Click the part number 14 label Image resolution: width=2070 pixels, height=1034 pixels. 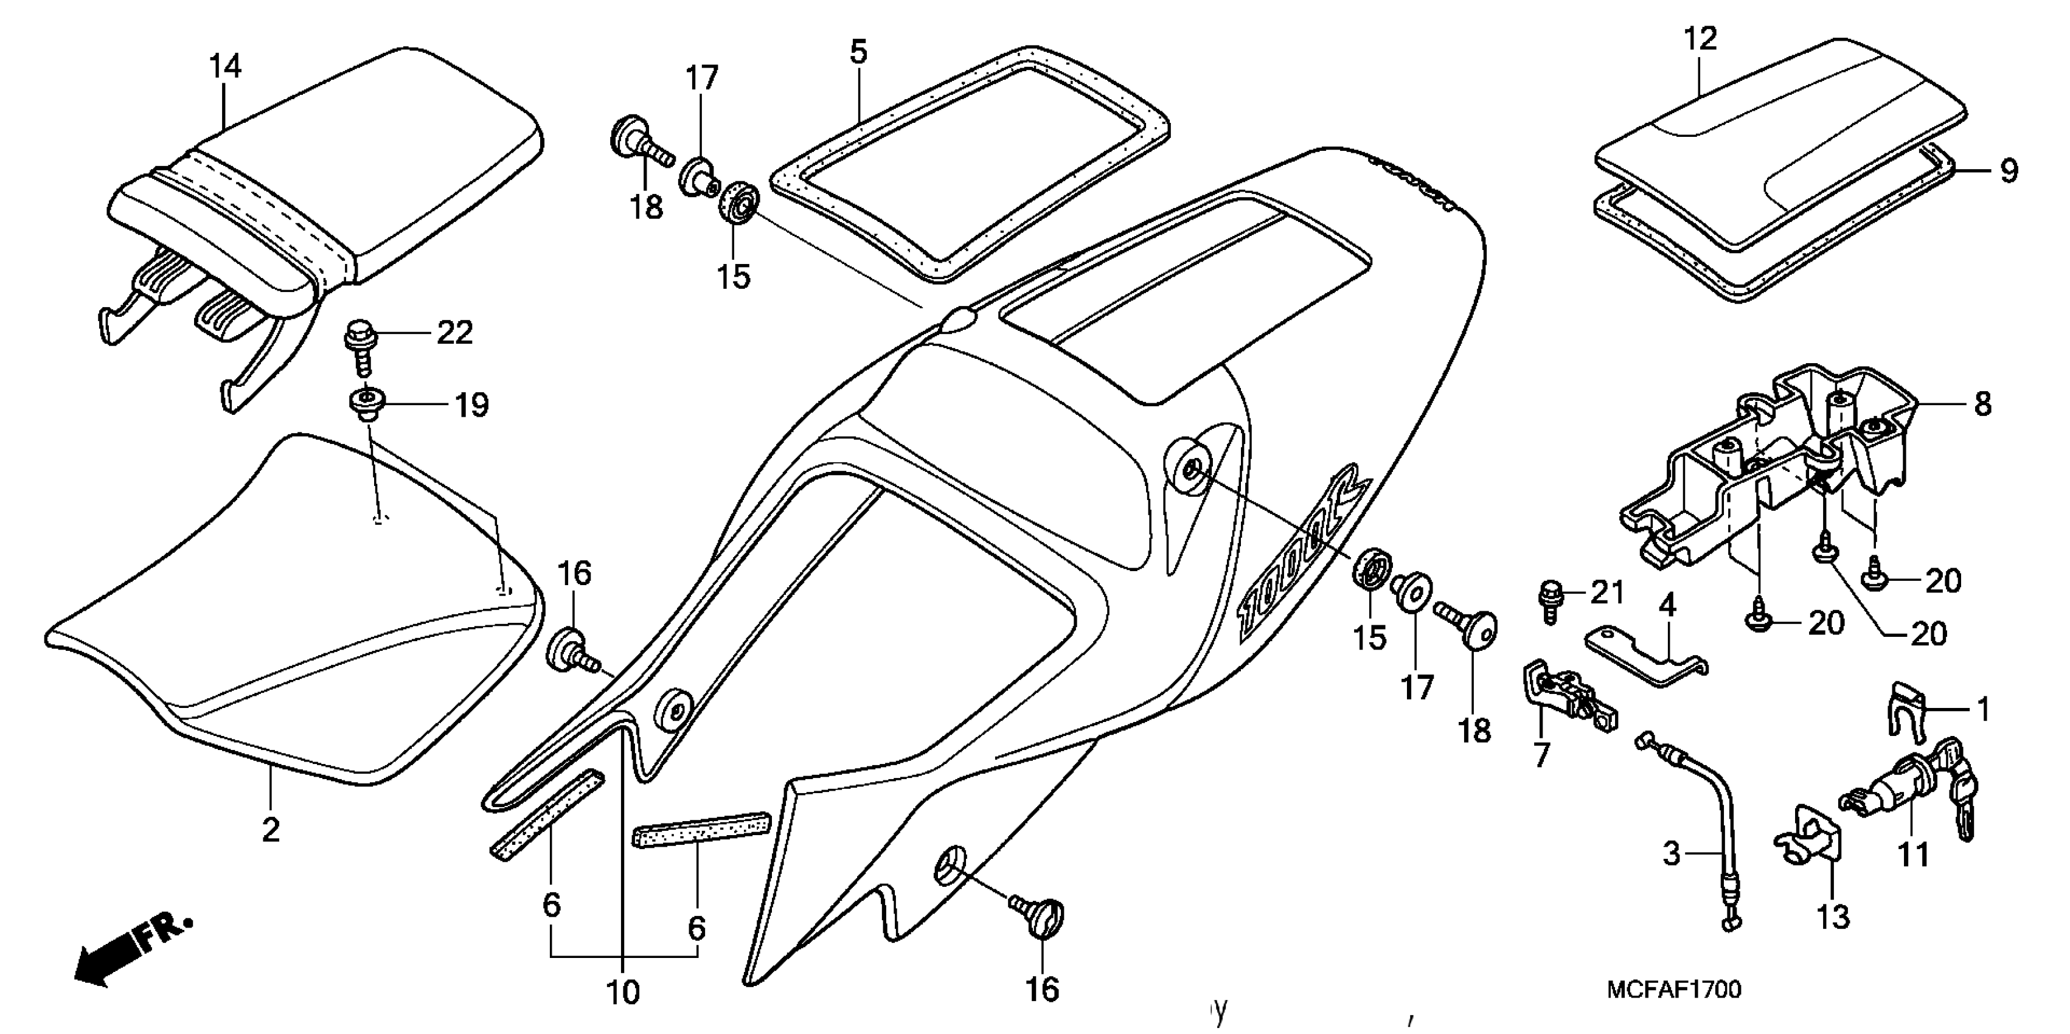click(x=225, y=66)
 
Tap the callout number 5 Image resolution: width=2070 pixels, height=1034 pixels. click(x=858, y=53)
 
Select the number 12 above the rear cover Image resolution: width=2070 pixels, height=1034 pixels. click(x=1700, y=38)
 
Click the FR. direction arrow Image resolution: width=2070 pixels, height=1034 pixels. click(x=128, y=952)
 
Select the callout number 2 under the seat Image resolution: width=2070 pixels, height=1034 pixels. click(x=271, y=830)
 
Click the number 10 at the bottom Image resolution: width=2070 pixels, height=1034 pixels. click(x=623, y=993)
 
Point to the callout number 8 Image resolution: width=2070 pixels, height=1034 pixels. click(x=1982, y=403)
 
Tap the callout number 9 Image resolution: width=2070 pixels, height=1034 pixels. click(x=2008, y=171)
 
